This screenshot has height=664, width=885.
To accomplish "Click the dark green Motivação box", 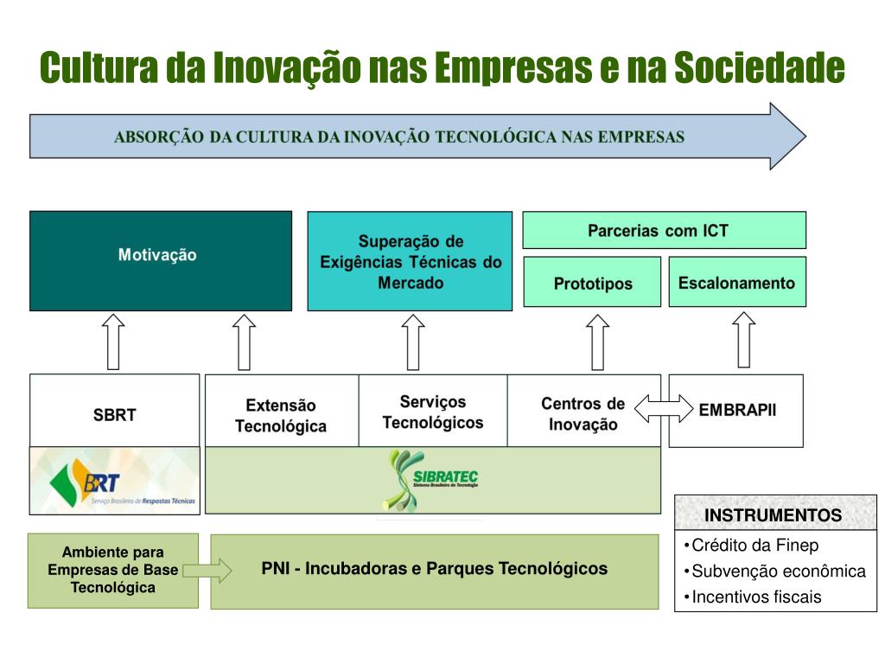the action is [x=161, y=260].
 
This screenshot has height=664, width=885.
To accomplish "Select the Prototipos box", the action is [x=592, y=282].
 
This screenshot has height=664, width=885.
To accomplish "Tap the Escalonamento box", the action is [x=736, y=282].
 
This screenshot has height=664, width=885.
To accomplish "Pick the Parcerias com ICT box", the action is [x=664, y=231].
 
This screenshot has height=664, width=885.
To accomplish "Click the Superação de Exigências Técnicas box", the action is [x=410, y=260].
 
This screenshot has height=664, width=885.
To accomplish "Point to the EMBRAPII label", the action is [x=737, y=410].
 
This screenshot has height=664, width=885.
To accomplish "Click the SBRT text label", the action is [x=114, y=414].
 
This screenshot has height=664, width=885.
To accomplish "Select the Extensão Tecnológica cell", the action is [x=281, y=415].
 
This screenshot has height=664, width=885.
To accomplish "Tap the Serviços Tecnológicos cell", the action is [x=432, y=412].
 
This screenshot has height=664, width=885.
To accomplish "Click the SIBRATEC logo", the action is [x=431, y=480].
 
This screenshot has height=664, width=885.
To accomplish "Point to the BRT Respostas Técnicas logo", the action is [x=114, y=481].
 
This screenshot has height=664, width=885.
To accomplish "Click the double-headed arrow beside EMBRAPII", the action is [x=664, y=408].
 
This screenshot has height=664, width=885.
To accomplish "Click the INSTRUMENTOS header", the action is [x=773, y=515].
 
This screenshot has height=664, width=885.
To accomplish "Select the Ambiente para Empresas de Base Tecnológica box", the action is [x=112, y=570].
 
